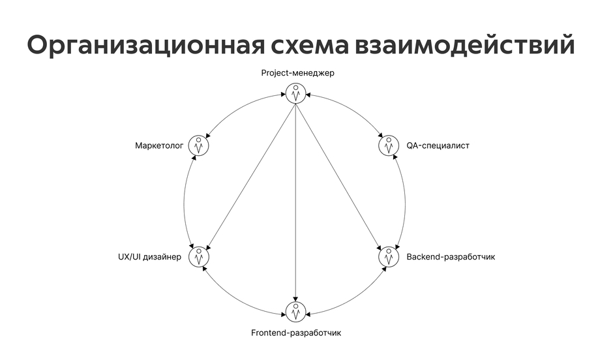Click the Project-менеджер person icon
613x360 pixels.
pyautogui.click(x=296, y=93)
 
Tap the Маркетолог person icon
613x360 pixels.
pyautogui.click(x=199, y=145)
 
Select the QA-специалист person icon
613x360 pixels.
pyautogui.click(x=389, y=145)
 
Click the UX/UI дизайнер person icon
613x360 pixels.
pyautogui.click(x=199, y=257)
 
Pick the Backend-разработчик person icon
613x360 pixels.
pyautogui.click(x=389, y=257)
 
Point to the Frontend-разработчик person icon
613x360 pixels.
pyautogui.click(x=296, y=312)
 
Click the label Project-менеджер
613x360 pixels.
pyautogui.click(x=297, y=73)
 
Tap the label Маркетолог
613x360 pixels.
pyautogui.click(x=159, y=146)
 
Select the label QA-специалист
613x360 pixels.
pyautogui.click(x=438, y=146)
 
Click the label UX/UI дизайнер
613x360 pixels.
pyautogui.click(x=150, y=257)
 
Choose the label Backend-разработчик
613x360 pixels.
pyautogui.click(x=451, y=257)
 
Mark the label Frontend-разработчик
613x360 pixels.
pyautogui.click(x=296, y=333)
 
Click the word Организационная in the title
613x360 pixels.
pyautogui.click(x=145, y=46)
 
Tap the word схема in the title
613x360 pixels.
pyautogui.click(x=310, y=46)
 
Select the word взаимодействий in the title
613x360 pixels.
pyautogui.click(x=465, y=44)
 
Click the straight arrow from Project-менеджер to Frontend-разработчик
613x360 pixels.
pyautogui.click(x=296, y=202)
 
